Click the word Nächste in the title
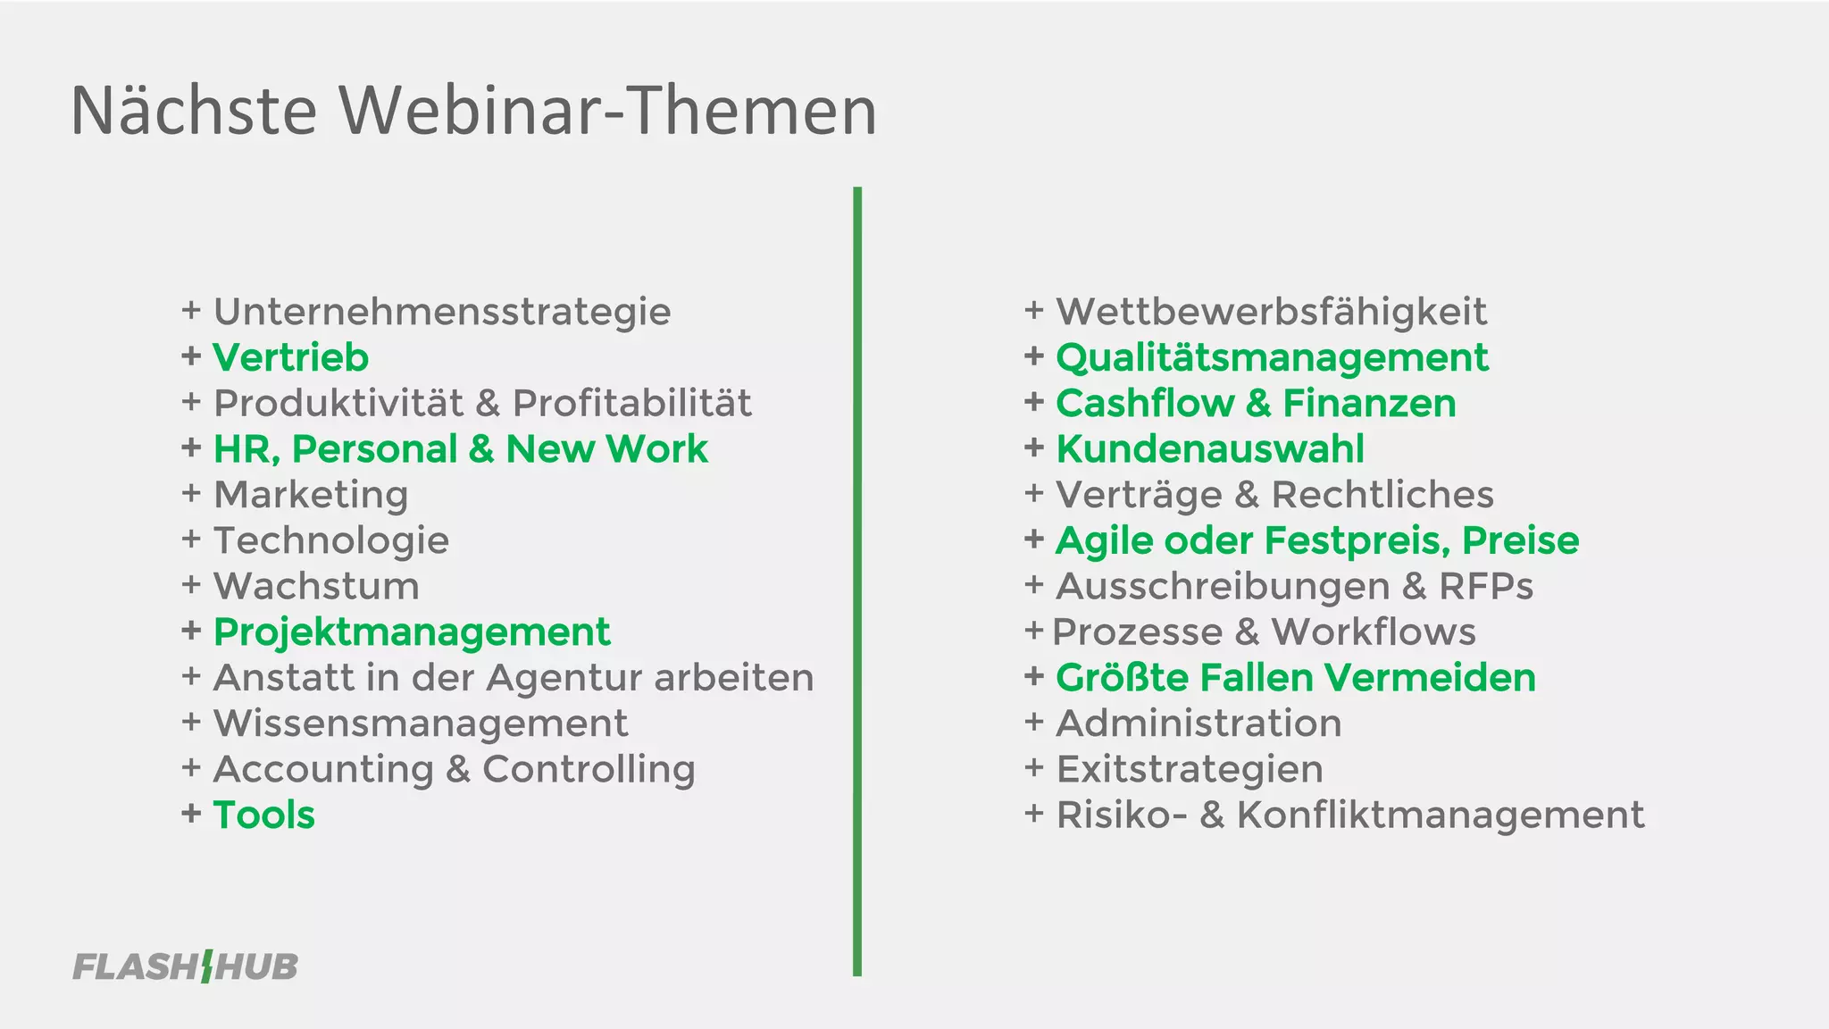(194, 111)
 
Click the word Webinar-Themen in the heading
(607, 111)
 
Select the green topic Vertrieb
(290, 358)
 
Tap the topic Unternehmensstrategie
(442, 312)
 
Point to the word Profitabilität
(632, 404)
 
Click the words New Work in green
(606, 449)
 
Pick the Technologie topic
(331, 541)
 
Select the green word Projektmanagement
(412, 632)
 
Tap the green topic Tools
(264, 816)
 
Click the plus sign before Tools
(191, 814)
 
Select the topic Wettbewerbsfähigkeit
(1271, 312)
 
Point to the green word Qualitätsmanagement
(1272, 358)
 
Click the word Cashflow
(1144, 404)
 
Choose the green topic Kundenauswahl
(1210, 449)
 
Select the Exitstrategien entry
(1190, 770)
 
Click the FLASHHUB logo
(185, 966)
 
